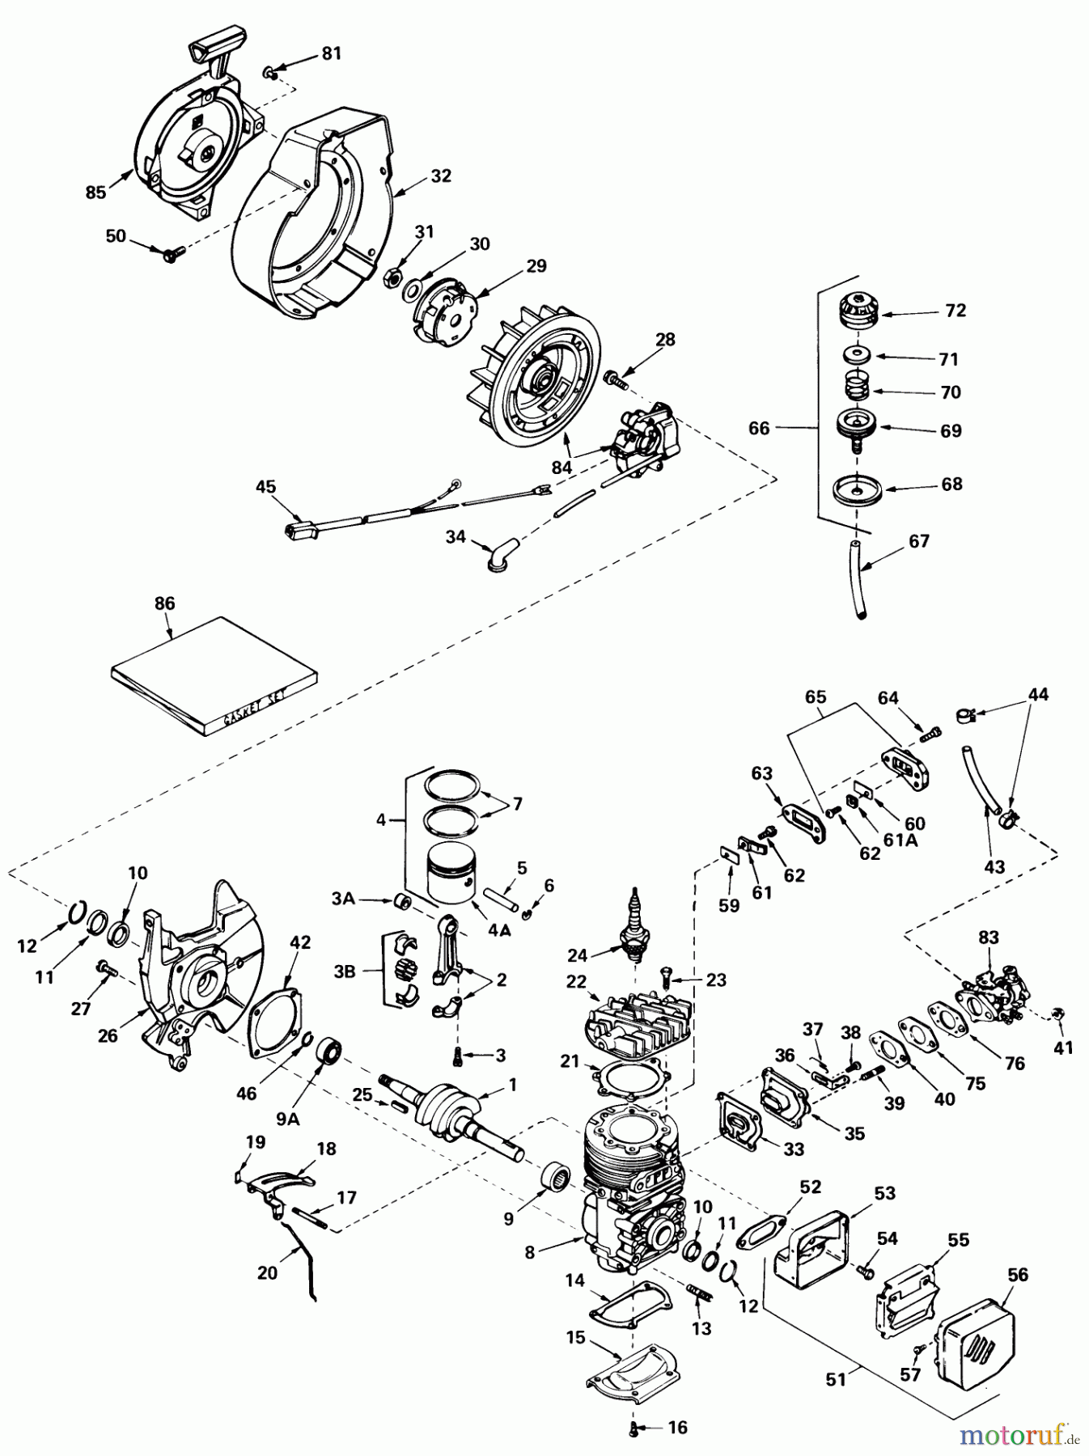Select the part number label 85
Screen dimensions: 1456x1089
tap(95, 193)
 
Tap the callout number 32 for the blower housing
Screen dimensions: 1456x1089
tap(442, 176)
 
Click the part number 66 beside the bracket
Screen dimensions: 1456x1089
tap(758, 428)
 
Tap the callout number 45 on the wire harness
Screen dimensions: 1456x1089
tap(265, 487)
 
